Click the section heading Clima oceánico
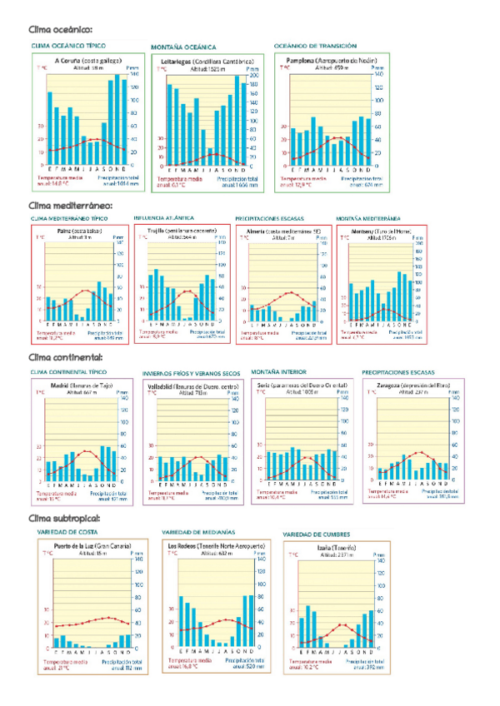[x=55, y=29]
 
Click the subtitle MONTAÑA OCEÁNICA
[x=183, y=47]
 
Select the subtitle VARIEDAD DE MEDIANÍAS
[x=197, y=532]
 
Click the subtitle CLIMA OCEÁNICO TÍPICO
[x=68, y=46]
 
